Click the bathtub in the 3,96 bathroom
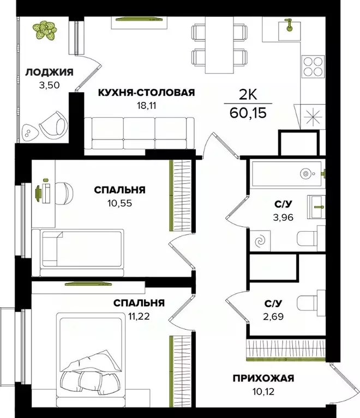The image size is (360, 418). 287,173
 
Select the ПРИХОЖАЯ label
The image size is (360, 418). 263,378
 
